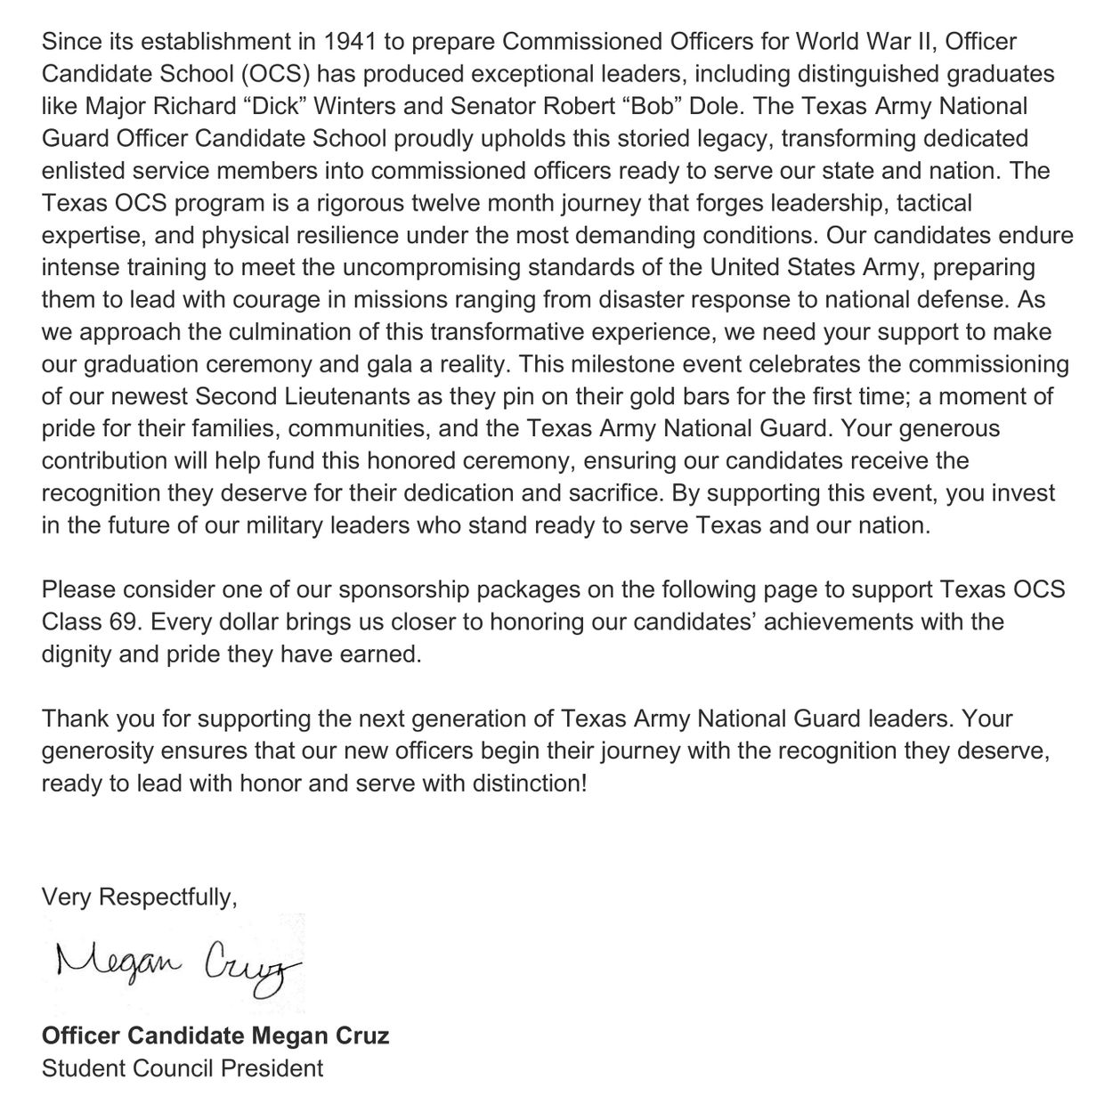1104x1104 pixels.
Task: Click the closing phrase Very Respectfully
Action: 139,897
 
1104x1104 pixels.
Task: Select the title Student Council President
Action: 182,1067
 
